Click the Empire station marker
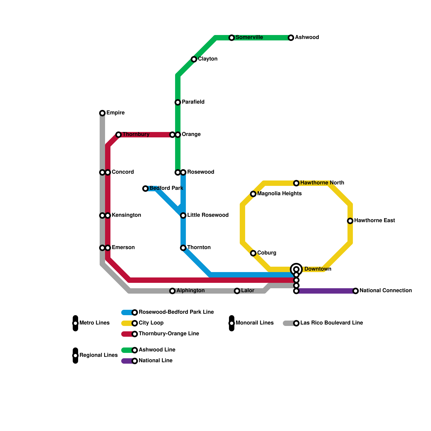102,113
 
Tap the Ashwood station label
307,37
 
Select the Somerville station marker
232,38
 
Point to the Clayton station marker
194,59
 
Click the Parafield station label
193,102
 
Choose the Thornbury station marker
119,135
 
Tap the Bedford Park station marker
145,189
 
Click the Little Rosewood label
208,215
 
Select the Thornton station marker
183,248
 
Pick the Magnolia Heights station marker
253,194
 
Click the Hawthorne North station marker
296,183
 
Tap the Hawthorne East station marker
350,221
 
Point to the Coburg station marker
253,253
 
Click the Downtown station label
318,269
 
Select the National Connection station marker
356,291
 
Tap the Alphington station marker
172,291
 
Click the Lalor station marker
237,291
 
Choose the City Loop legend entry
151,323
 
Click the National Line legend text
155,361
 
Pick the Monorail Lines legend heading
254,323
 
